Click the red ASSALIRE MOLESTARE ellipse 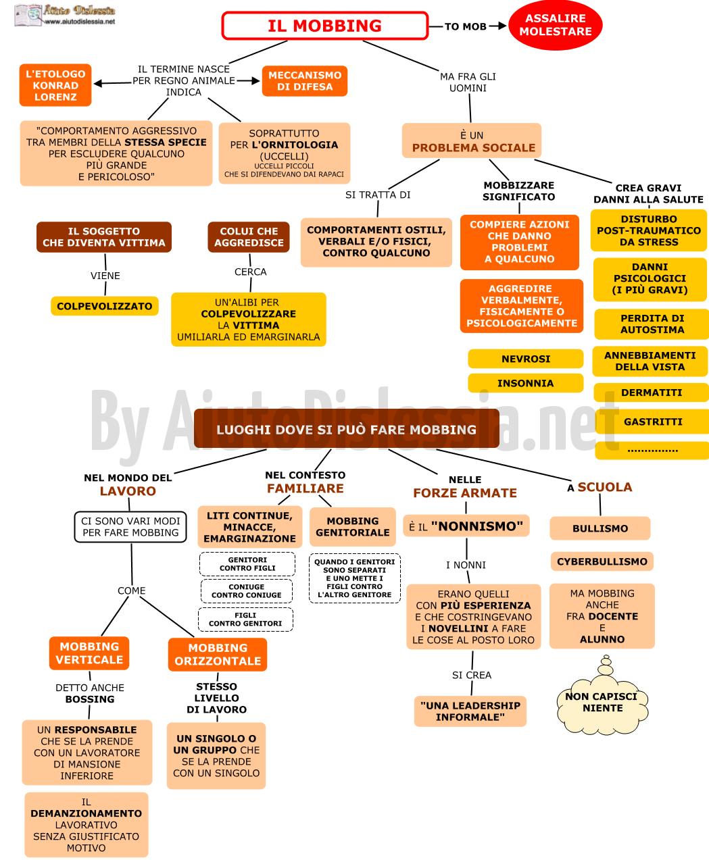556,25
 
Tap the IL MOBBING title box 325,26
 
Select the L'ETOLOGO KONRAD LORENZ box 55,85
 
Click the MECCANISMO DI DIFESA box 305,81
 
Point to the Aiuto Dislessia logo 65,16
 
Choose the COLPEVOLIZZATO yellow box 105,306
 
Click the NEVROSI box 526,359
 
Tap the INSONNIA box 526,383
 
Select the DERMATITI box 652,393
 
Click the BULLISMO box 600,528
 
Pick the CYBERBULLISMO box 602,561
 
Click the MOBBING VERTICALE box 89,653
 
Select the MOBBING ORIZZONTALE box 218,655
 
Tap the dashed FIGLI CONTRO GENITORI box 245,619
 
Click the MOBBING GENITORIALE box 353,527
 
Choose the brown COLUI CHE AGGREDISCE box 249,237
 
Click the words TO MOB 466,26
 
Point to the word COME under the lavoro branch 132,590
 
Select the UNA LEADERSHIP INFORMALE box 470,711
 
